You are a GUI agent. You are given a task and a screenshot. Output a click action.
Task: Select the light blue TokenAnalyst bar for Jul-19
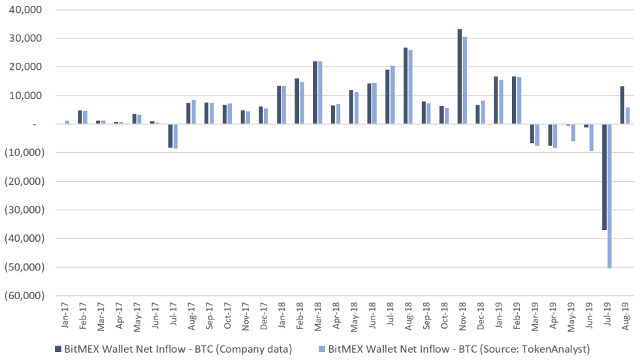609,196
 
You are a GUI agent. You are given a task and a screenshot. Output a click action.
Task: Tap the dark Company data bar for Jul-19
604,176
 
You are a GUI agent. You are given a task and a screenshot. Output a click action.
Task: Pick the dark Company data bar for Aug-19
622,105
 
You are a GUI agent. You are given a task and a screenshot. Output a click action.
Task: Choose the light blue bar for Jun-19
591,137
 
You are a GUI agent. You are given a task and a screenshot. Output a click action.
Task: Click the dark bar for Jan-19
496,100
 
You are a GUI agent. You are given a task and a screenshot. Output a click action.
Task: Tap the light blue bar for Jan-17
67,122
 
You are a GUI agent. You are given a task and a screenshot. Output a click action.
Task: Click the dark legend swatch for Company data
59,348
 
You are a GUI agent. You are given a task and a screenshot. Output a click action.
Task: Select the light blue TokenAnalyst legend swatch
323,348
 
